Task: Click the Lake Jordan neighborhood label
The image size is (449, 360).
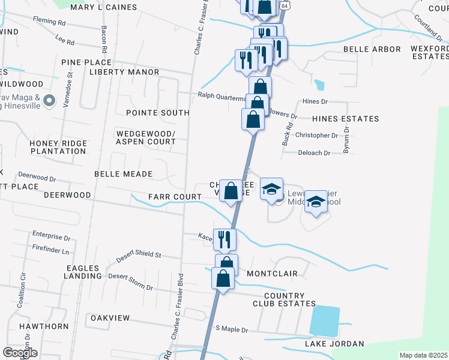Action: coord(334,344)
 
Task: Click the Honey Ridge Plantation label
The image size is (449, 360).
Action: coord(58,147)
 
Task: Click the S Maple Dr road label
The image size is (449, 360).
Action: coord(232,330)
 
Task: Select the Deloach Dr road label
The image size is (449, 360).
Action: coord(314,153)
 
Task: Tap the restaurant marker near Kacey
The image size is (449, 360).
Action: coord(224,239)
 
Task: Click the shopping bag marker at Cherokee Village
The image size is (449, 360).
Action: coord(231,191)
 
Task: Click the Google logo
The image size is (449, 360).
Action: coord(19,352)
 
